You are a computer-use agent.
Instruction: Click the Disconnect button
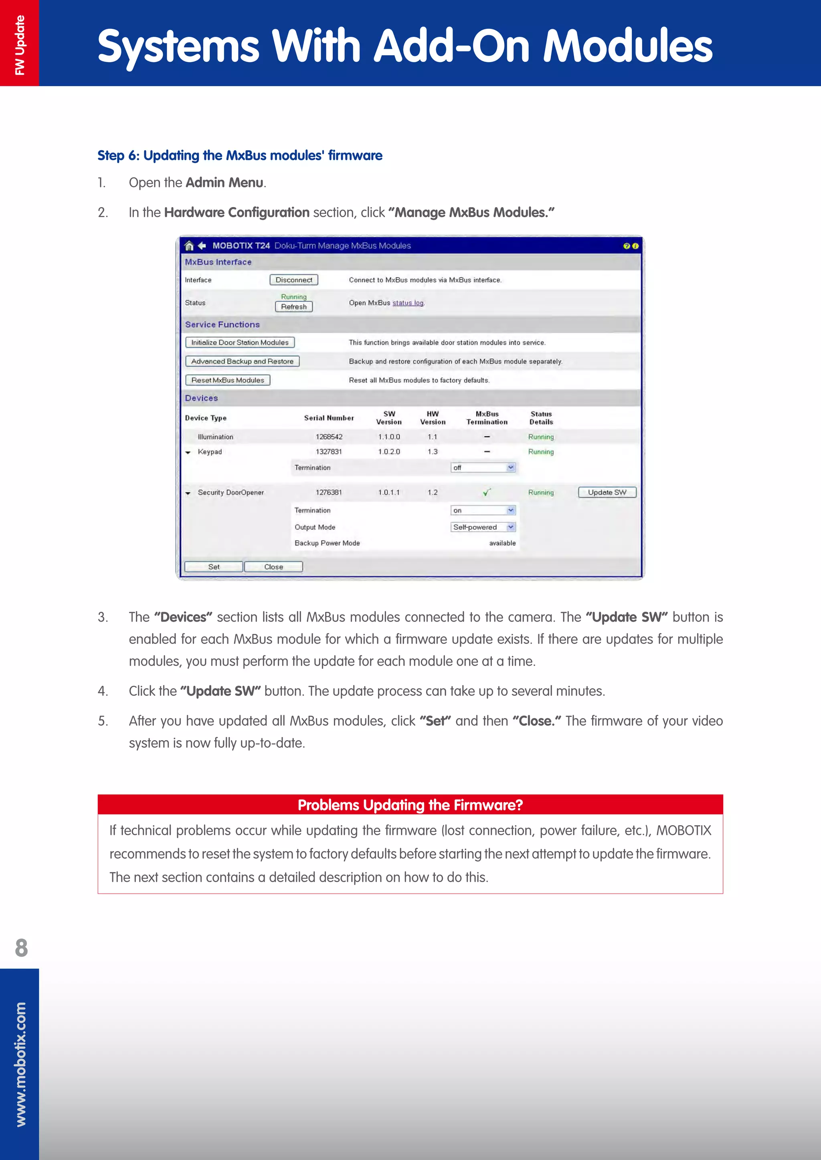[x=294, y=280]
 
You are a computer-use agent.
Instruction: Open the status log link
[x=408, y=303]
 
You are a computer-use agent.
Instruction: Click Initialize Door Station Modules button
[x=240, y=342]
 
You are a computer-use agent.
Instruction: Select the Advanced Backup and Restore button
[x=242, y=361]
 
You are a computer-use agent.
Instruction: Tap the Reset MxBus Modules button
[x=227, y=380]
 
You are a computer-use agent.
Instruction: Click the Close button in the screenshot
[x=273, y=567]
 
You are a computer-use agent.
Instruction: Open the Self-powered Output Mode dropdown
[x=483, y=527]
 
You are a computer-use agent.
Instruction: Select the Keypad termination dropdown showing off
[x=483, y=468]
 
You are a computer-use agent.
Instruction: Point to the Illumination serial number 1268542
[x=329, y=437]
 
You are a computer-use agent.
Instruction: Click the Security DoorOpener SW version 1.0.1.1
[x=389, y=492]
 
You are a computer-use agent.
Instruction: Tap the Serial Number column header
[x=329, y=418]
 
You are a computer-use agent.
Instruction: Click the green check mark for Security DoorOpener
[x=487, y=492]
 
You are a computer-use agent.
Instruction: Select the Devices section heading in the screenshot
[x=201, y=398]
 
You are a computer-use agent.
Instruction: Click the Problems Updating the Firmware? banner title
[x=410, y=805]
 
